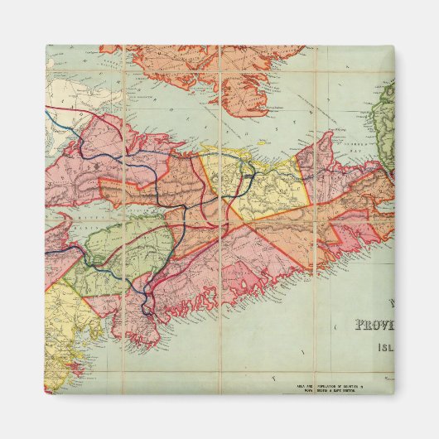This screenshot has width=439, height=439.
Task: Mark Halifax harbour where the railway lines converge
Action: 150,294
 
